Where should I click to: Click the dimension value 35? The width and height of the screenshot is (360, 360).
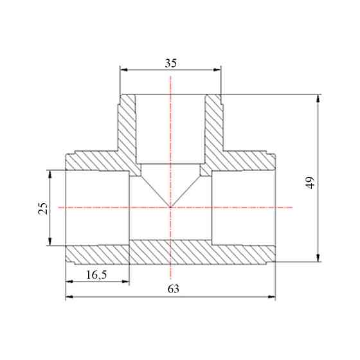(x=171, y=63)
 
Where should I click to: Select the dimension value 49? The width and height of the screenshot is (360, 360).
(x=310, y=183)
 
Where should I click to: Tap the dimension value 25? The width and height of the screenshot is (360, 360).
(x=43, y=208)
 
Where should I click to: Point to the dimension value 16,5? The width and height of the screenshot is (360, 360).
(x=96, y=274)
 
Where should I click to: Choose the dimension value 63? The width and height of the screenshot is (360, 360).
(x=174, y=289)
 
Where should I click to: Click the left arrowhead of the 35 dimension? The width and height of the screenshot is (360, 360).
(x=123, y=70)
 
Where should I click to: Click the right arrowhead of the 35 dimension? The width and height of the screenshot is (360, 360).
(x=217, y=70)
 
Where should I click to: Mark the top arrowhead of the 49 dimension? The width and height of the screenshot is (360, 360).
(x=318, y=98)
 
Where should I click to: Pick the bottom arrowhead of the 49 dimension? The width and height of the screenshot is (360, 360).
(x=318, y=258)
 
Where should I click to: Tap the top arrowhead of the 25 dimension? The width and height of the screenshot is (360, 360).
(x=50, y=174)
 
